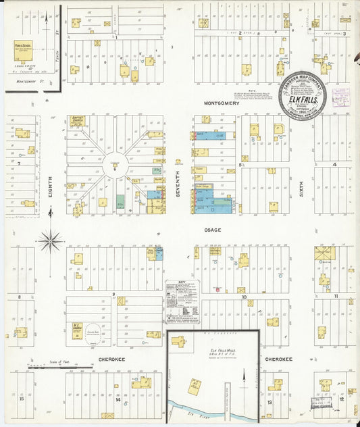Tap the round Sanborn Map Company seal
(303, 95)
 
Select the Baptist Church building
(76, 122)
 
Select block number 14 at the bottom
(118, 400)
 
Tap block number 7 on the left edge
(19, 164)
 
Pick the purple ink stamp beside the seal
(340, 96)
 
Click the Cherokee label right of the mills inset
(278, 359)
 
